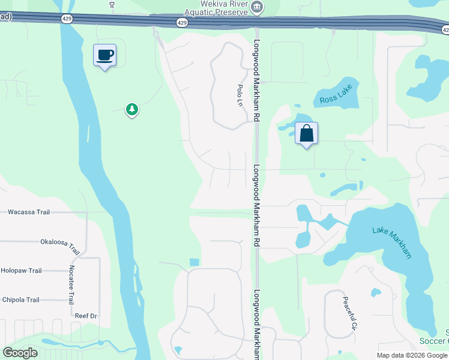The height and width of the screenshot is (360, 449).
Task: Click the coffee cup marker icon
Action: (x=104, y=55)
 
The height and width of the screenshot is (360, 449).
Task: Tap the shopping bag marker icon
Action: (x=306, y=133)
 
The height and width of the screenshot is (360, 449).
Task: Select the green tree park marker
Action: (x=132, y=109)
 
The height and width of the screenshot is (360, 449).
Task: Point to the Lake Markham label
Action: (x=392, y=242)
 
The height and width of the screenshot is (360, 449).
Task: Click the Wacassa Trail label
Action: (x=29, y=212)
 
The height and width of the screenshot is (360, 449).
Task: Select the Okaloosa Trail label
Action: (x=60, y=244)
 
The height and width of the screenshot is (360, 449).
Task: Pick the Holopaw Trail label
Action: (x=22, y=271)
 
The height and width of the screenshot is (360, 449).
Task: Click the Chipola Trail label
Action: (x=20, y=300)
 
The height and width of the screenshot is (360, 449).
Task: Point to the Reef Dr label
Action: (x=86, y=316)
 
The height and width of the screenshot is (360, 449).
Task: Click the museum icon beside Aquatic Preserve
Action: (x=258, y=7)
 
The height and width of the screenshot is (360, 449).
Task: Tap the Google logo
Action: (x=20, y=353)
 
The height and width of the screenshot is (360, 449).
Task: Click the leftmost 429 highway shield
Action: (x=65, y=19)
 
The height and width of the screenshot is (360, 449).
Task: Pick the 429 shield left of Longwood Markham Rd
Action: (x=182, y=22)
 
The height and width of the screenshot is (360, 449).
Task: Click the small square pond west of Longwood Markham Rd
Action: (x=194, y=262)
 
